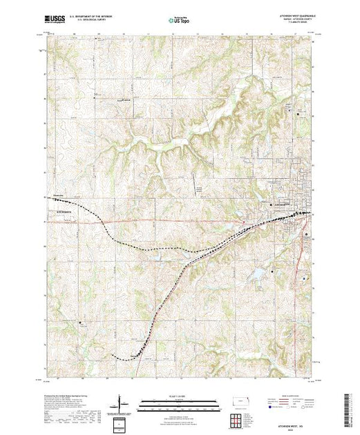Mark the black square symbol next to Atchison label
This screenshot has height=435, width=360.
click(270, 205)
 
